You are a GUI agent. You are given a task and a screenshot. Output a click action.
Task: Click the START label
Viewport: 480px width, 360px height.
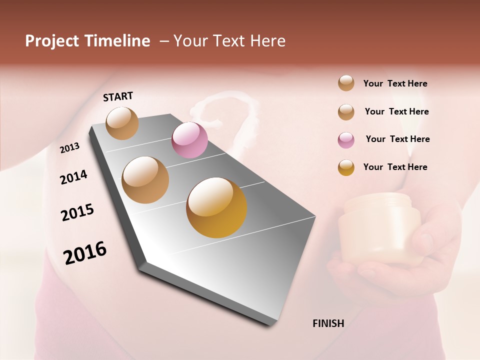pos(118,96)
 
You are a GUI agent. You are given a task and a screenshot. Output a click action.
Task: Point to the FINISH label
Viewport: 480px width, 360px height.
pos(328,323)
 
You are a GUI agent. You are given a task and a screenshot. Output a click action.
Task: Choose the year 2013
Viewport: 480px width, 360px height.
pos(69,148)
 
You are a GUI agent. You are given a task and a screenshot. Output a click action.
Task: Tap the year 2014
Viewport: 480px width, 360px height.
pos(73,177)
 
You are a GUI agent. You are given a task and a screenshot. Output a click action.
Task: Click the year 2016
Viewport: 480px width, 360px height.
pos(84,252)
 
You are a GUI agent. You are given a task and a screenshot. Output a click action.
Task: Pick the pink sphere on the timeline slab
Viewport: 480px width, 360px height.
pos(189,140)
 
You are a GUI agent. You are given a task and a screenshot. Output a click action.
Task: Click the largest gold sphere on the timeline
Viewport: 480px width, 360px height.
pos(216,207)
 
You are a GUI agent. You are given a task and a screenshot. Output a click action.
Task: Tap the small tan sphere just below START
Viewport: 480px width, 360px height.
pos(122,123)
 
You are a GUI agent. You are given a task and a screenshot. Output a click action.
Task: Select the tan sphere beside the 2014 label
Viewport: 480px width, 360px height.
pos(145,180)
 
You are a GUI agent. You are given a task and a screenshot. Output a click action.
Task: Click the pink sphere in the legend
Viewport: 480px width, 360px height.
pos(346,140)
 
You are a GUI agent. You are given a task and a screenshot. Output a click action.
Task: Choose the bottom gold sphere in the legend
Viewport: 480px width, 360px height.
pos(346,167)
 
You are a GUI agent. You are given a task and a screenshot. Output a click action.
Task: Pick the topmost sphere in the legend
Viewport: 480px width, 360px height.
pos(346,83)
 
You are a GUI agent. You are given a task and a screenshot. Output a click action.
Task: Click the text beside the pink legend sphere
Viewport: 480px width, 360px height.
pos(397,139)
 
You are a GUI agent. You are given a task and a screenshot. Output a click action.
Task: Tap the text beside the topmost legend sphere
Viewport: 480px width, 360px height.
pos(395,83)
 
